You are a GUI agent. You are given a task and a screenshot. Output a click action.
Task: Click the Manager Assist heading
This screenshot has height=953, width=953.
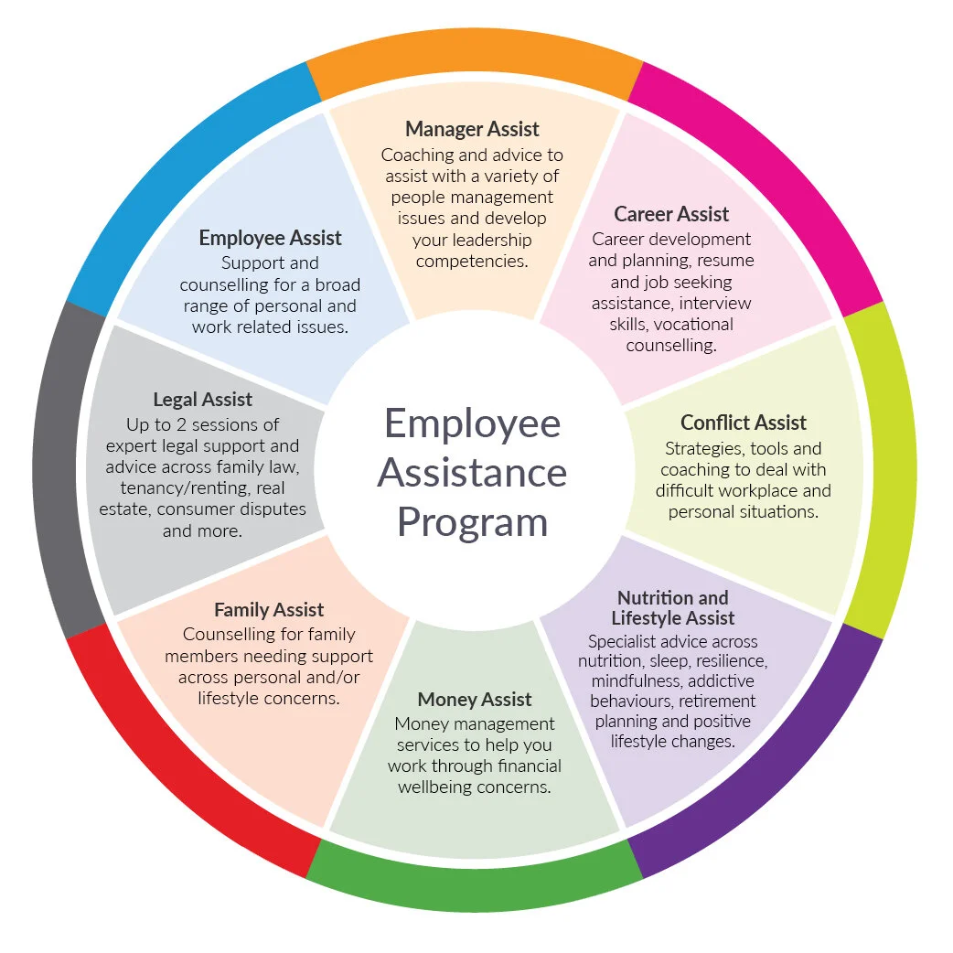point(472,129)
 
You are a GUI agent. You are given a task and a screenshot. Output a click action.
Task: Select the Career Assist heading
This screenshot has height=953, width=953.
point(671,214)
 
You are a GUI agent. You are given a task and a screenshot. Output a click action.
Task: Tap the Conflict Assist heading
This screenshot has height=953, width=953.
point(744,423)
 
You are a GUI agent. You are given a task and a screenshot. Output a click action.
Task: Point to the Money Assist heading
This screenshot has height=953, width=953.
point(474,700)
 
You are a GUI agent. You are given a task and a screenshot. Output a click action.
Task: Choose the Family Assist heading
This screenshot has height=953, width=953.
point(269,609)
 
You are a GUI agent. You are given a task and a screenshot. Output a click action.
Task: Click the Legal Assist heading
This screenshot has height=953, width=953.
point(202,400)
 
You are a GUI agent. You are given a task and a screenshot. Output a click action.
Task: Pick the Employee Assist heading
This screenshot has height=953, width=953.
point(270,238)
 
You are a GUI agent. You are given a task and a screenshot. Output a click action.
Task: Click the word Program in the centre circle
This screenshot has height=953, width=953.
point(473,522)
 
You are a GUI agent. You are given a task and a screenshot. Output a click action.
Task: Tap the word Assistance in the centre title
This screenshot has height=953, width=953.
point(472,473)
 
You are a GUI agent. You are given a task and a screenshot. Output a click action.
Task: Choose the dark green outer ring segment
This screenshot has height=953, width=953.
point(473,883)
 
